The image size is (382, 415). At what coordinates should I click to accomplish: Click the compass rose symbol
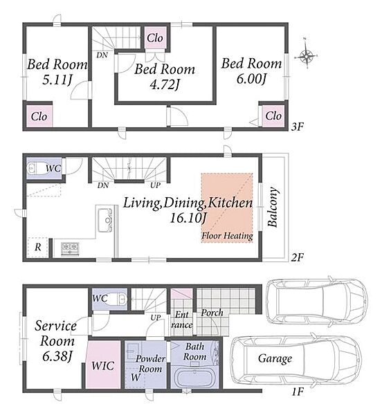pyautogui.click(x=307, y=55)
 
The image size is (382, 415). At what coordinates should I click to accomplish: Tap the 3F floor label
pyautogui.click(x=297, y=127)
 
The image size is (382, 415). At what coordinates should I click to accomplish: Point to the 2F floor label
pyautogui.click(x=297, y=257)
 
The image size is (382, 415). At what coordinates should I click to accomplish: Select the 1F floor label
pyautogui.click(x=298, y=391)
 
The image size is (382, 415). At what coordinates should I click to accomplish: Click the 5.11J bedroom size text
pyautogui.click(x=57, y=80)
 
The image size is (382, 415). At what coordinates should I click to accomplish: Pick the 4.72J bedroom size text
pyautogui.click(x=165, y=84)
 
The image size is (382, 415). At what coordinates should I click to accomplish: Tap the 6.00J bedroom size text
pyautogui.click(x=251, y=79)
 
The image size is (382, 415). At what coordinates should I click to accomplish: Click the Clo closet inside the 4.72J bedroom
pyautogui.click(x=156, y=37)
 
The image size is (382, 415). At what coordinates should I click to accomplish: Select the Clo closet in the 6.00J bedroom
pyautogui.click(x=273, y=116)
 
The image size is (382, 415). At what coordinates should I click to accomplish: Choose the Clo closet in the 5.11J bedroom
pyautogui.click(x=39, y=116)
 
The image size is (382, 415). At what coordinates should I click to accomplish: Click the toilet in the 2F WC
pyautogui.click(x=37, y=168)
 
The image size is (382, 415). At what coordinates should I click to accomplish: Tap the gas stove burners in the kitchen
pyautogui.click(x=70, y=249)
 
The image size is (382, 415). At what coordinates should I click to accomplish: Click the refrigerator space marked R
pyautogui.click(x=37, y=247)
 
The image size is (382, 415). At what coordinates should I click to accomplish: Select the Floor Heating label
pyautogui.click(x=227, y=236)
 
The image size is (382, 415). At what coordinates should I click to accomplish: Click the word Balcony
pyautogui.click(x=273, y=207)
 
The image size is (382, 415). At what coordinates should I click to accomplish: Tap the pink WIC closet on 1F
pyautogui.click(x=102, y=365)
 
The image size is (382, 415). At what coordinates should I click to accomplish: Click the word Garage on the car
pyautogui.click(x=275, y=358)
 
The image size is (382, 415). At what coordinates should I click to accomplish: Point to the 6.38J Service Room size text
pyautogui.click(x=57, y=356)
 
